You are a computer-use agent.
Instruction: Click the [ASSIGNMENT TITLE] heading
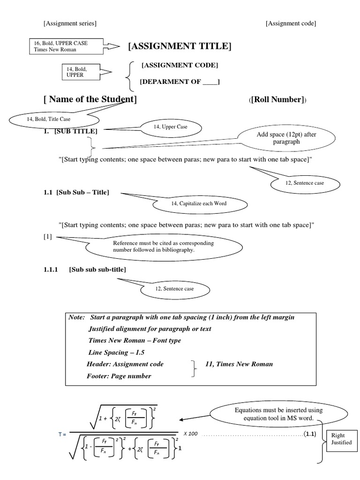tap(180, 46)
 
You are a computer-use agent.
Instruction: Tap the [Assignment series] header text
tap(70, 23)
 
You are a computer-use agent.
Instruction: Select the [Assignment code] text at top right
tap(291, 23)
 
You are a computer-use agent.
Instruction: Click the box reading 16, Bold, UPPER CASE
tap(66, 46)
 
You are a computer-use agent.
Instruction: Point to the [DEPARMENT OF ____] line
tap(180, 82)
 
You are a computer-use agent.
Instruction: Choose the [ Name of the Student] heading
tap(90, 99)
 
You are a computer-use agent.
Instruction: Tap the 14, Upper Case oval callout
tap(171, 127)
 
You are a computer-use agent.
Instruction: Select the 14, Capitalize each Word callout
tap(199, 203)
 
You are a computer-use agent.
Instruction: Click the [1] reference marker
tap(47, 237)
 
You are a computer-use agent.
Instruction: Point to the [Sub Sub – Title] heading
tap(76, 193)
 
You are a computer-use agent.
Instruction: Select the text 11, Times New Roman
tap(239, 364)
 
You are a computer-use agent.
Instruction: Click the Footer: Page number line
tap(119, 375)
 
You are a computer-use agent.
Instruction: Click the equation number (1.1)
tap(309, 434)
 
